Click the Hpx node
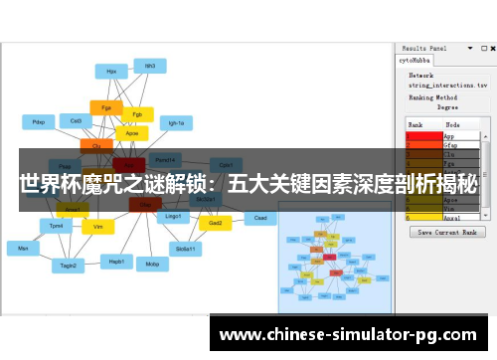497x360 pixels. (111, 71)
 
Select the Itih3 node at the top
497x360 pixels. (150, 66)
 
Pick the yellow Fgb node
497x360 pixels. (137, 113)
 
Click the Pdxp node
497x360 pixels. (39, 122)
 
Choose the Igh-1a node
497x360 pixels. (177, 123)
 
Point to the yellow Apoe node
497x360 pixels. (131, 132)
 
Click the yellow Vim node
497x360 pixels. (97, 227)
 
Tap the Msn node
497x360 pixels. (22, 247)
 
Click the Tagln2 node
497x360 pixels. (68, 266)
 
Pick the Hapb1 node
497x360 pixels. (116, 261)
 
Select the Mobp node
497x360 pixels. (152, 265)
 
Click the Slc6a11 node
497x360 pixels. (185, 249)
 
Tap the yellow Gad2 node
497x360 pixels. (215, 223)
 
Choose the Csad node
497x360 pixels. (260, 218)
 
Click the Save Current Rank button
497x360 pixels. (450, 232)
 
